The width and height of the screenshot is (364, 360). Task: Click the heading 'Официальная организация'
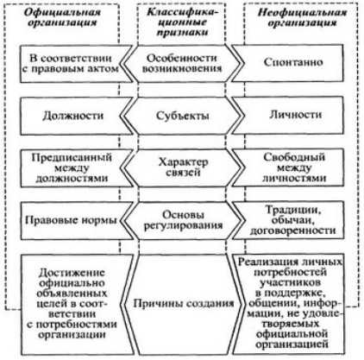[x=62, y=17]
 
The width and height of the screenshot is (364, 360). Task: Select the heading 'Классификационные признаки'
[x=182, y=22]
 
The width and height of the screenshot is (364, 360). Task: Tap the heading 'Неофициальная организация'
[x=302, y=17]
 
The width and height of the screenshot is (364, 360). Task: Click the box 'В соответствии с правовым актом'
[x=76, y=64]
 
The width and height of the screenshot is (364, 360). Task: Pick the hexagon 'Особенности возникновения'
[x=182, y=64]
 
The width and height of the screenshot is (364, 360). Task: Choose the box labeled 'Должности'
[x=76, y=116]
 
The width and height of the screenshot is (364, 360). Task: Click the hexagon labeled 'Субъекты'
[x=182, y=116]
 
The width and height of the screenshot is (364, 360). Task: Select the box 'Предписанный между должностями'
[x=76, y=168]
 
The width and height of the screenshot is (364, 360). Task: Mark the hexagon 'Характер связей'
[x=182, y=168]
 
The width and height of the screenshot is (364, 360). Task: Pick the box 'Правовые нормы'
[x=76, y=221]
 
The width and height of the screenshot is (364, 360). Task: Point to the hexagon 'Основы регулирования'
[x=182, y=221]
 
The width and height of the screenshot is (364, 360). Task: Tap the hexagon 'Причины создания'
[x=182, y=304]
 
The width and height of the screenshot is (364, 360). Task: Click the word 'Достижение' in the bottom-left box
[x=72, y=273]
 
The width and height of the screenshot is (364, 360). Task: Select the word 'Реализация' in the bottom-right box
[x=264, y=262]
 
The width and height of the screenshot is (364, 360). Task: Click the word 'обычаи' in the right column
[x=292, y=220]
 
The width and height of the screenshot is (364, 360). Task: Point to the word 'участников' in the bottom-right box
[x=290, y=282]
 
